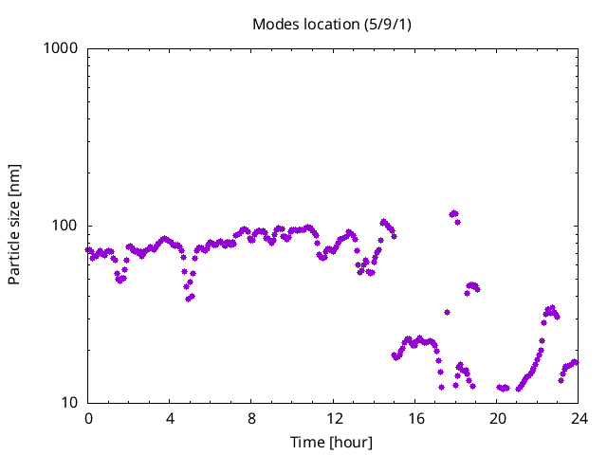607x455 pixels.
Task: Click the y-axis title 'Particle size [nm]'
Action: point(14,225)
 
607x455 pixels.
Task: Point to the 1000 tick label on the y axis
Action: point(62,48)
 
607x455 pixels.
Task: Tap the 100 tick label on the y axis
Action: point(65,226)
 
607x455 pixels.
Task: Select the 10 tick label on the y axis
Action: point(69,403)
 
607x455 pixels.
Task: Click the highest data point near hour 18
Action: point(454,213)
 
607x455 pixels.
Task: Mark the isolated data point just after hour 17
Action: point(447,312)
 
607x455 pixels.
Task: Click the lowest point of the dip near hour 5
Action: point(189,299)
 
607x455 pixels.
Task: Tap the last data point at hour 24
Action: point(575,362)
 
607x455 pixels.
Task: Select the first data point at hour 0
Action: point(88,250)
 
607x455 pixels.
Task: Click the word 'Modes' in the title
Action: point(273,24)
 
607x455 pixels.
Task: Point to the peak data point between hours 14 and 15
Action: point(383,222)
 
